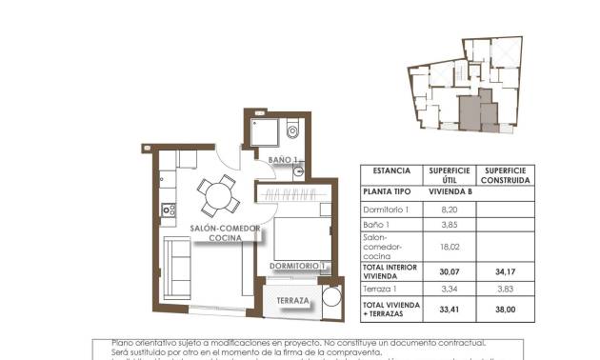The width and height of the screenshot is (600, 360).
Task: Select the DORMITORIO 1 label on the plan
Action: [298, 265]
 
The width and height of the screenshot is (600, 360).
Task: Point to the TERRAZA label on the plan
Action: [292, 302]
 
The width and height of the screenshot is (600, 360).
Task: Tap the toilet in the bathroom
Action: [292, 130]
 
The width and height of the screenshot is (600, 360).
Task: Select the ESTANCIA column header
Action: [391, 172]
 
